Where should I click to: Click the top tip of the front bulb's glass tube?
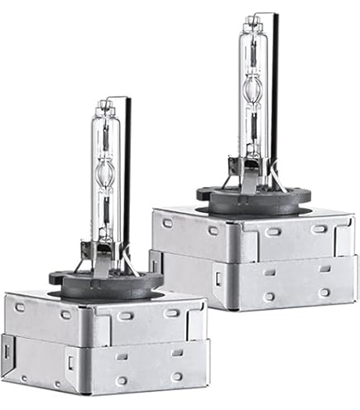[103, 104]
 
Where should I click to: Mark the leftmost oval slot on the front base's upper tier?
[20, 306]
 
